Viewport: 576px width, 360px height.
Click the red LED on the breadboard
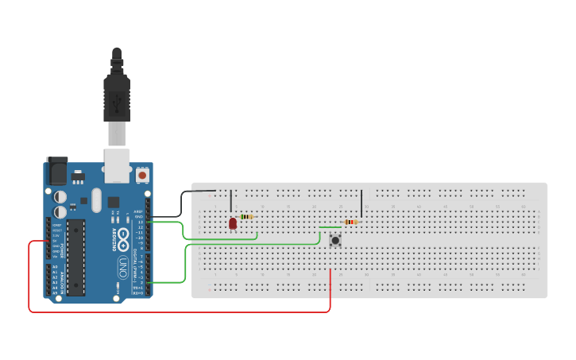coord(232,224)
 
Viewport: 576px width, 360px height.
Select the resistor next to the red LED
coord(246,216)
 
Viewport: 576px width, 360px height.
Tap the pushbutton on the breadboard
coord(335,239)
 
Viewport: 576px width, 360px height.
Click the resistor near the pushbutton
coord(350,223)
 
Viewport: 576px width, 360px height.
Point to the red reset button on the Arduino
coord(142,174)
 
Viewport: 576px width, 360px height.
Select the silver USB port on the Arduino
coord(117,162)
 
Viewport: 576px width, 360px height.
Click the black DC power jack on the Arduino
coord(56,172)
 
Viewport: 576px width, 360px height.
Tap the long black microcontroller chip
coord(75,257)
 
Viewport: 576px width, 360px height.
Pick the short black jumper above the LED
coord(231,200)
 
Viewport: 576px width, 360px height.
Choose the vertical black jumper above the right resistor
coord(361,203)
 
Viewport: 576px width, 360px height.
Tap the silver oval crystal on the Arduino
coord(97,200)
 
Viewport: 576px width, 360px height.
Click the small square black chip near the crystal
coord(114,202)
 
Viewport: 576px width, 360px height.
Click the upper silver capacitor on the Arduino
coord(60,195)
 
